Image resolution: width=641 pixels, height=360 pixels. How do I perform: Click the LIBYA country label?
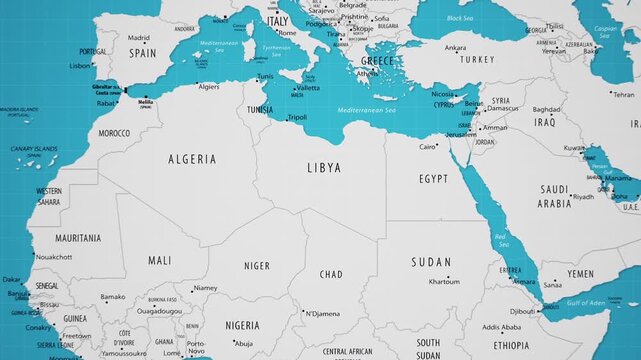(323, 167)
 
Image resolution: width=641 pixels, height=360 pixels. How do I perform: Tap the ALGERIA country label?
(191, 159)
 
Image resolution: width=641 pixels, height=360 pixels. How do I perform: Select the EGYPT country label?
(433, 178)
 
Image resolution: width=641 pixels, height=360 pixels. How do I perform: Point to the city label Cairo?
(428, 147)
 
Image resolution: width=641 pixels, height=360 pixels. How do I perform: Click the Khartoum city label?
(444, 282)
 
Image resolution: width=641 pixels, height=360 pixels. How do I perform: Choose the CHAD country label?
(330, 274)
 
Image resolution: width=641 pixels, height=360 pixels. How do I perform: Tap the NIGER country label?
(257, 266)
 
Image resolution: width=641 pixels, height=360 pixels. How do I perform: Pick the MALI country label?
(160, 260)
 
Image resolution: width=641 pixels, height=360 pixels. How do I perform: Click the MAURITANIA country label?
(78, 239)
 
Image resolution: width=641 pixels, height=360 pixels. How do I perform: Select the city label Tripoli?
(297, 117)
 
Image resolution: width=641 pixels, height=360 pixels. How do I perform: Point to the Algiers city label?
(208, 87)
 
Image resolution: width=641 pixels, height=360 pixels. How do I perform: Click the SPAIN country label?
(142, 54)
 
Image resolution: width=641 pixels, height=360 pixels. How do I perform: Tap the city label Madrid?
(139, 38)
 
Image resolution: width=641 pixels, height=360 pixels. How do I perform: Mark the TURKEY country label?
(477, 59)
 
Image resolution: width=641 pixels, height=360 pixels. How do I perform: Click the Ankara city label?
(455, 47)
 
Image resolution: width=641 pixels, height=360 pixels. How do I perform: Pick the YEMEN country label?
(580, 273)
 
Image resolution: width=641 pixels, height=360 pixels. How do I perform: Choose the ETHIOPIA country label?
(511, 345)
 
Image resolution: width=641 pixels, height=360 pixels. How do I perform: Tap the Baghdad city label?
(546, 109)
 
